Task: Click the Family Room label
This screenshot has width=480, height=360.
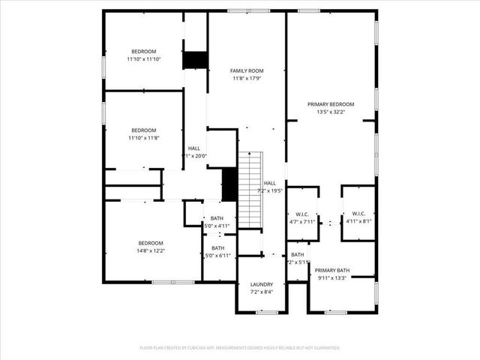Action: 247,70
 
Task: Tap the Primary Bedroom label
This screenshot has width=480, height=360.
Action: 331,104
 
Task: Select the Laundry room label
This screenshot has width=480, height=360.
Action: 262,284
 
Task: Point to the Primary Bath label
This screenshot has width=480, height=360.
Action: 331,270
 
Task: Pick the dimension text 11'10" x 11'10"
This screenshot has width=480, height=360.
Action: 143,59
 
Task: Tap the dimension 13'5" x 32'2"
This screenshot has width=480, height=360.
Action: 331,112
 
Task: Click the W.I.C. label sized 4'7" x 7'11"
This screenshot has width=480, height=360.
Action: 303,214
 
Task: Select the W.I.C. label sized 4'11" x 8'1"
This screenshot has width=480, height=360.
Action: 358,214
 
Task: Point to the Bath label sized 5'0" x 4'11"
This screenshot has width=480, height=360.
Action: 217,218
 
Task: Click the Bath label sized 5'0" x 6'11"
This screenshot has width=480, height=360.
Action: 217,248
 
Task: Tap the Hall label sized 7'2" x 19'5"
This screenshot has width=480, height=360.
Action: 269,183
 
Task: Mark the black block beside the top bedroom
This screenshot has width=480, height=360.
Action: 195,60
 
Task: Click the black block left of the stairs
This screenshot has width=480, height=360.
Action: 229,184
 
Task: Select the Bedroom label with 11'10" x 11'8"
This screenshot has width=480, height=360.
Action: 143,130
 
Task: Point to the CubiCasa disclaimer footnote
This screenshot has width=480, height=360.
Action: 240,348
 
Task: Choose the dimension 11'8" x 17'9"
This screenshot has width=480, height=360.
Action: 247,78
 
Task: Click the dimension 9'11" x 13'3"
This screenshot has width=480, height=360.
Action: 331,277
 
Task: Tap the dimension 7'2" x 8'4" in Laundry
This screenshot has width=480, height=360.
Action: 262,292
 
